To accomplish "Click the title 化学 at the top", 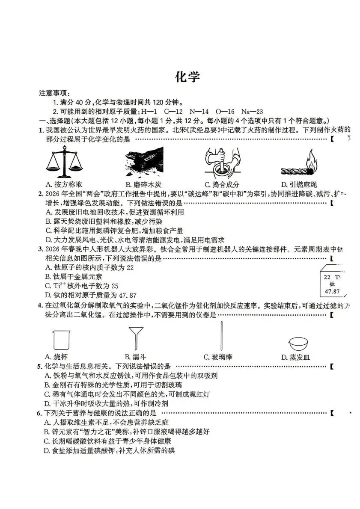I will coord(187,77).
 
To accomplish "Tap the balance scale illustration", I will coord(65,162).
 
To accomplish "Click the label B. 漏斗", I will coord(135,357).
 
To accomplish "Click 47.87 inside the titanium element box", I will coord(332,292).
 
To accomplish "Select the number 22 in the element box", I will coord(327,277).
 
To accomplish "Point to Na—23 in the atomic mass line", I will coord(252,112).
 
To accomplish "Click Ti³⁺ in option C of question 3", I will coord(59,286).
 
